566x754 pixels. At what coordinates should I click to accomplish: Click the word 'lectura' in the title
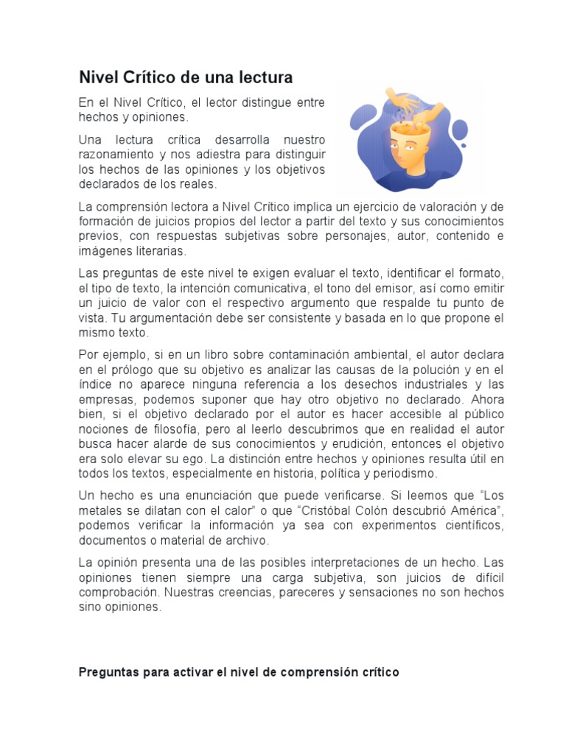[x=267, y=77]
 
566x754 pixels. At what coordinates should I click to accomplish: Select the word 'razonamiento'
[x=119, y=155]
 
